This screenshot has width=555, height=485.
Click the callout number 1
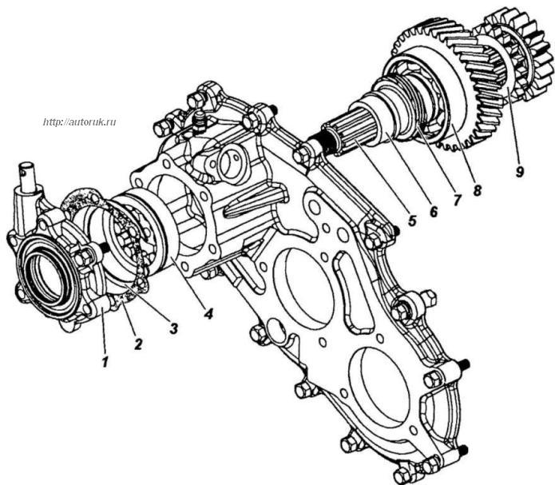pos(105,362)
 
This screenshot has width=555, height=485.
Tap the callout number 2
pos(137,344)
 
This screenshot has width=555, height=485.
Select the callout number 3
pos(172,328)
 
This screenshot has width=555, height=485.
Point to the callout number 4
pos(208,313)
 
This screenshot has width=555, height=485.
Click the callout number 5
pos(411,221)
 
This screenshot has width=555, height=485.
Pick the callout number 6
pos(434,211)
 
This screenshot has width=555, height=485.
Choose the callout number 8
pos(477,191)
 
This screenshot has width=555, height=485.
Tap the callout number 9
pos(519,172)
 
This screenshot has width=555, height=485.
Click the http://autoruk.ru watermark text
pos(80,122)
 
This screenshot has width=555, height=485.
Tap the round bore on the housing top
pos(230,163)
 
